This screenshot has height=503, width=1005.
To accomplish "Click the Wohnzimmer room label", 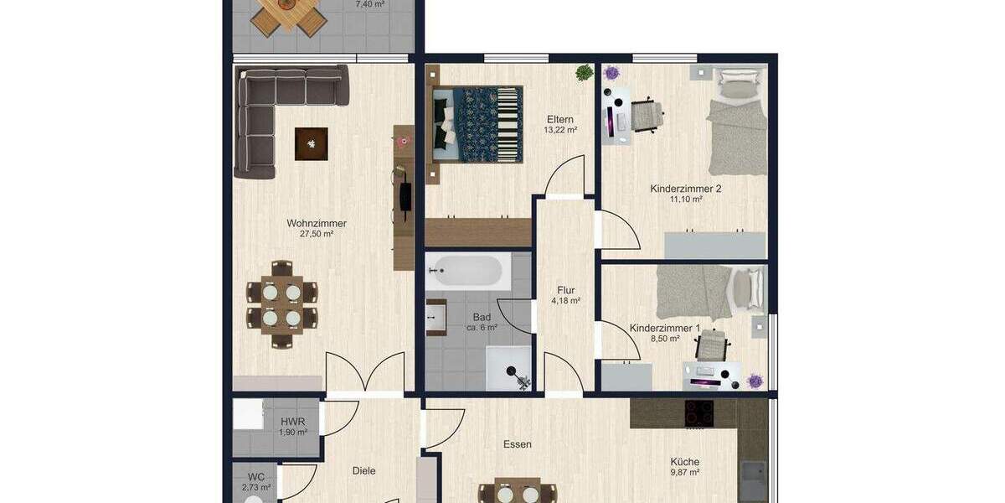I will pos(316,223).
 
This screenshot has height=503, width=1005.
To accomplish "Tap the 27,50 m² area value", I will pos(316,234).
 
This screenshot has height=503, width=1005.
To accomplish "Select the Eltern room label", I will pos(560,119).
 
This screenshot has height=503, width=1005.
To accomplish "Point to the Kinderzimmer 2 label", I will pos(685,189).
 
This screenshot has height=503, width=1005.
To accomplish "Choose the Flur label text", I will pos(565,290).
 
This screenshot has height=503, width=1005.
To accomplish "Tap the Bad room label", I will pos(482,317).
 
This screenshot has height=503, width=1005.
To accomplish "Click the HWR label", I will pos(292,422).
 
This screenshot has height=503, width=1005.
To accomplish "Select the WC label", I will pos(255,476).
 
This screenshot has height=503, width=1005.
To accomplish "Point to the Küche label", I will pos(684,461).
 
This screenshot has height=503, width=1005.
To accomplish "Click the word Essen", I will pos(518,444).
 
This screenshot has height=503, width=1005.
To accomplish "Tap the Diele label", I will pos(364,470).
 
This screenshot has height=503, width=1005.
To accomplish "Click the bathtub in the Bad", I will pos(465,271).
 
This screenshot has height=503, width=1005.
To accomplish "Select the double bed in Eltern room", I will pos(476,124).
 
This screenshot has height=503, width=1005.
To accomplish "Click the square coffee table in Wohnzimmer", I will pos(311,143).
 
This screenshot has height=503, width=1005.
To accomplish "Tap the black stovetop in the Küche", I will pos(699,412).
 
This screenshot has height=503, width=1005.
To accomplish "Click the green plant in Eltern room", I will pos(583,74).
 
